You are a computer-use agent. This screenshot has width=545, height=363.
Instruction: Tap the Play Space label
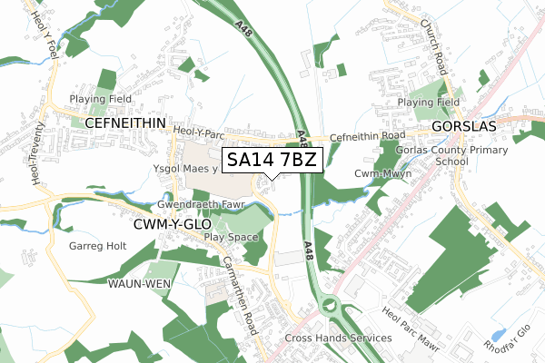pyautogui.click(x=232, y=237)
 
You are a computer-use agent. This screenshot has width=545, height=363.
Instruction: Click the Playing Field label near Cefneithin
pyautogui.click(x=102, y=99)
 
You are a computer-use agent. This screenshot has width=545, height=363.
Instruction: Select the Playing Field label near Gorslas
pyautogui.click(x=429, y=103)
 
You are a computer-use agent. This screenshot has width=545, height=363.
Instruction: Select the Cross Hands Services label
pyautogui.click(x=338, y=338)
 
